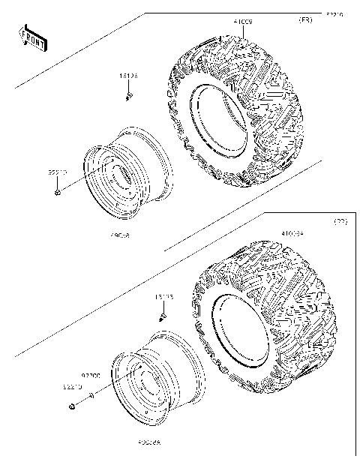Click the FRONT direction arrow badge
pyautogui.click(x=32, y=38)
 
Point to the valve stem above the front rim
pyautogui.click(x=129, y=97)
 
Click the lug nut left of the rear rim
pyautogui.click(x=72, y=407)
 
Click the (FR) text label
pyautogui.click(x=305, y=19)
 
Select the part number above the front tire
pyautogui.click(x=243, y=23)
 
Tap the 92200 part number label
pyautogui.click(x=91, y=373)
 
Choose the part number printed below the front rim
pyautogui.click(x=120, y=235)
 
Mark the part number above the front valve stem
pyautogui.click(x=128, y=76)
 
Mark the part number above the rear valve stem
pyautogui.click(x=163, y=297)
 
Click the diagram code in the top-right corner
pyautogui.click(x=334, y=13)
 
